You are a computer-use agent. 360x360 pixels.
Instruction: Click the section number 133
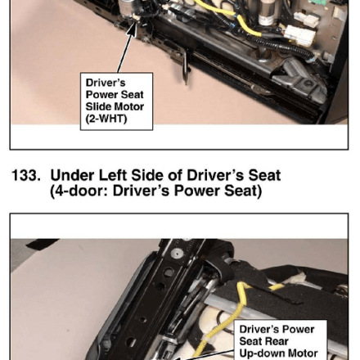[26, 176]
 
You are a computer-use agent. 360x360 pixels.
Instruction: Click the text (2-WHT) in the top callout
[106, 119]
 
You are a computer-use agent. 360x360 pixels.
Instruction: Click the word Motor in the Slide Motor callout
[128, 106]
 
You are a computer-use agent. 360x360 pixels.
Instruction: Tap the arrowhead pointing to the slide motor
[132, 29]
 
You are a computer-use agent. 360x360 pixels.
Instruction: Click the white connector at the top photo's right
[299, 36]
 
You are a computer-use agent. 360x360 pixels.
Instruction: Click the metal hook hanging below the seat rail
[186, 66]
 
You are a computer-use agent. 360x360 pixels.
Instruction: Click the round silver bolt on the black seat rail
[177, 254]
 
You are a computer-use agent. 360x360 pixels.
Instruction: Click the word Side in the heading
[147, 176]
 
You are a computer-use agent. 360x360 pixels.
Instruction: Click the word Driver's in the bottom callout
[258, 330]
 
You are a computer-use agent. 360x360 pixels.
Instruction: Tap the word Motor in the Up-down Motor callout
[303, 353]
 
